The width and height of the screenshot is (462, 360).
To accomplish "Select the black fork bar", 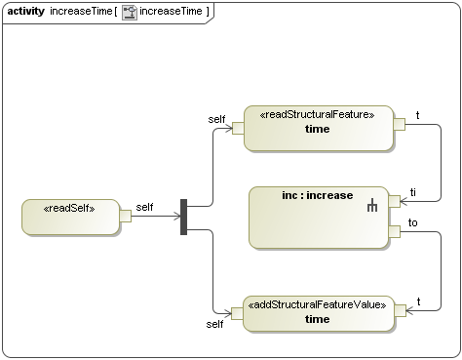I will pos(183,218).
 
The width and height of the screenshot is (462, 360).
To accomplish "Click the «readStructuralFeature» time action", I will pos(318,128).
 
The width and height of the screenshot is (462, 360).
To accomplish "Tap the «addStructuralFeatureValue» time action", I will pos(318,313).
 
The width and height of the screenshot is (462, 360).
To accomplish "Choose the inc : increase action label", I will pos(318,195).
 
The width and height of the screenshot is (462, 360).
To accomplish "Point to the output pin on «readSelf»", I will pos(125,217).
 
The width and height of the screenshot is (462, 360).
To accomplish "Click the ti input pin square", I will pos(395,201).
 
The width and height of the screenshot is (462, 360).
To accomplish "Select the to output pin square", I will pos(395,231).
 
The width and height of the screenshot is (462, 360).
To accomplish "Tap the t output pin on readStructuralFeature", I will pos(399,123).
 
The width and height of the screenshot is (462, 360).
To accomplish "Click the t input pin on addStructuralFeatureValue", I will pos(399,309).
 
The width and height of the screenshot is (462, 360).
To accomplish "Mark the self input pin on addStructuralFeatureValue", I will pos(238,312).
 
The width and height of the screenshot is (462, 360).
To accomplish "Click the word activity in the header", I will pos(26,11).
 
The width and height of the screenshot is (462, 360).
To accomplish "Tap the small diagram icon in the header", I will pos(129,11).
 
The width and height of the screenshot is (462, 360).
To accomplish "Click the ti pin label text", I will pos(413,192).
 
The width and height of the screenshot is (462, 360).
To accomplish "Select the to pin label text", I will pos(413,222).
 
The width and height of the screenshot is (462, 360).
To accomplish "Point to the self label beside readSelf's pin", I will pos(144,207).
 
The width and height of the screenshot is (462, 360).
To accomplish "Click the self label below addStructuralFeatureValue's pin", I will pos(215,323).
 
